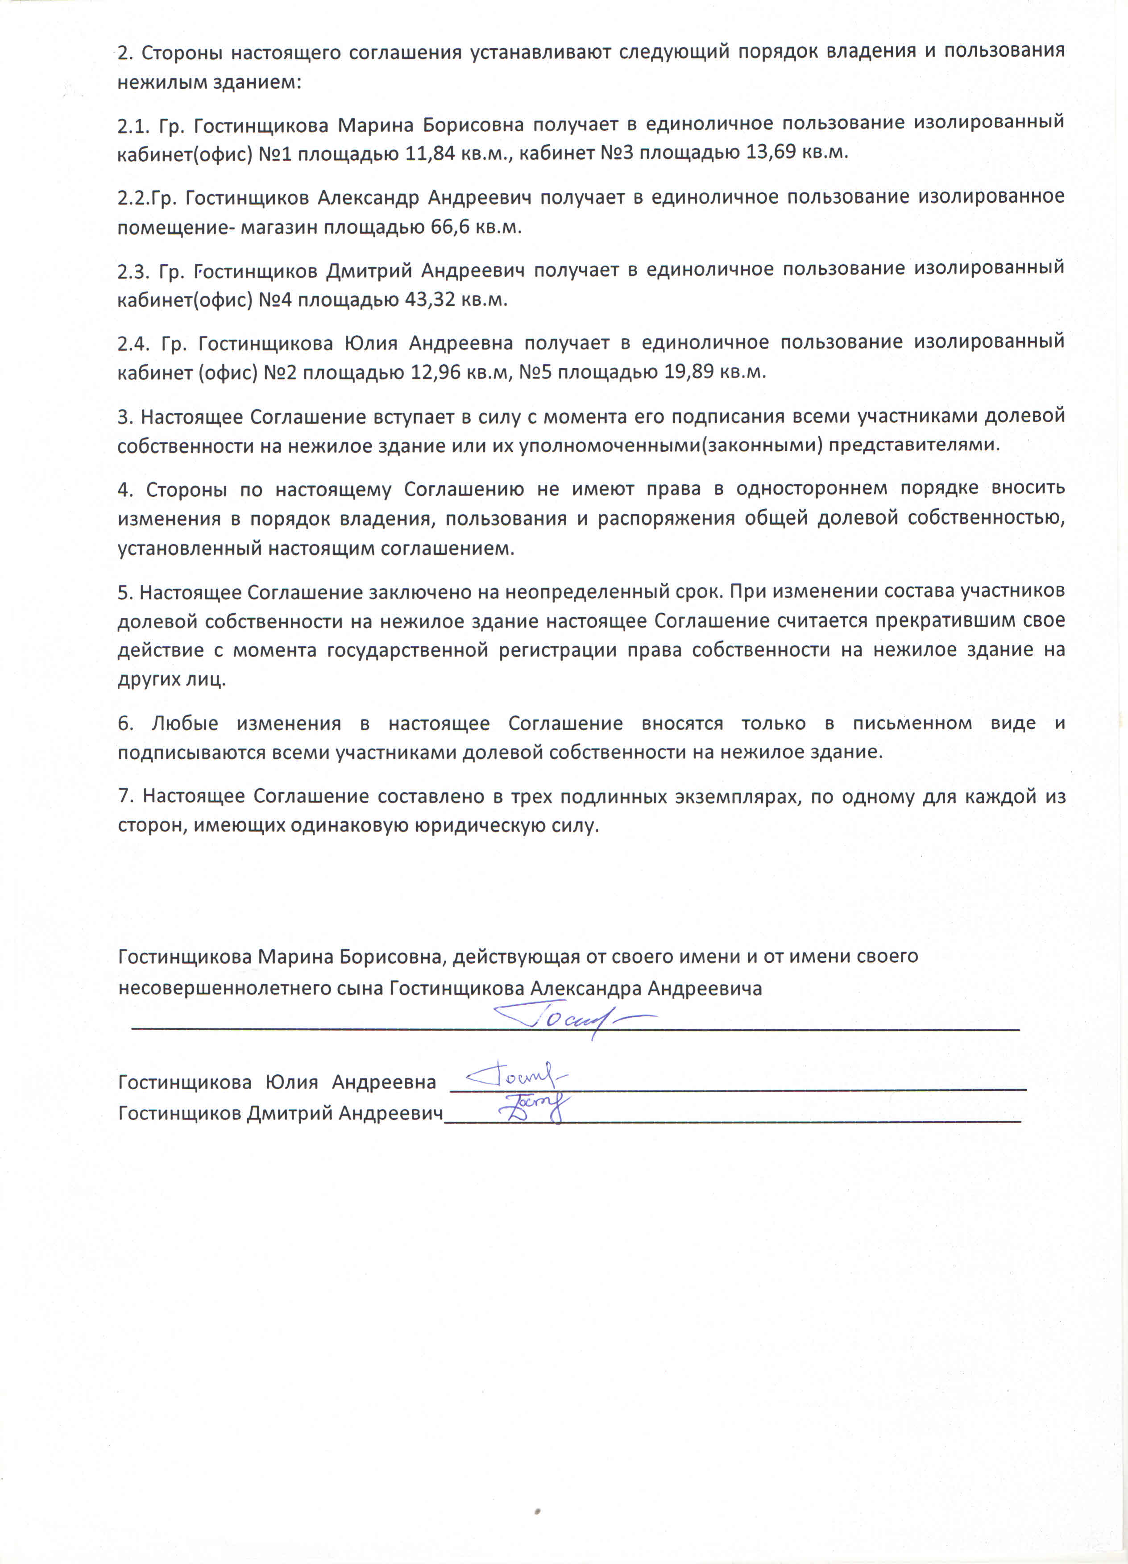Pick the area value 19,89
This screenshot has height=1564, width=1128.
click(689, 373)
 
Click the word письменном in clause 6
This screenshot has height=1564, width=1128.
click(912, 724)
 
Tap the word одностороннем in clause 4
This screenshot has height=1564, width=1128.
click(811, 489)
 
